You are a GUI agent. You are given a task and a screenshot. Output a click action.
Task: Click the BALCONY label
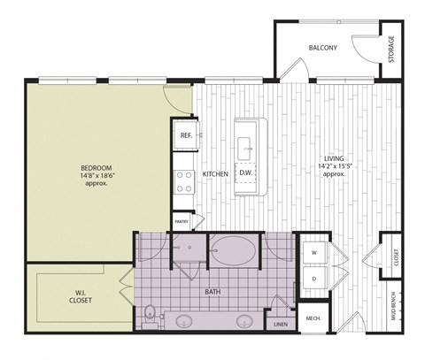[x=322, y=48]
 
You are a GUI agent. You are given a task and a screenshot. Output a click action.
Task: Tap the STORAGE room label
[x=391, y=50]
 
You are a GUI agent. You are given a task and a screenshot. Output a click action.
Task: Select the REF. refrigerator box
[x=186, y=135]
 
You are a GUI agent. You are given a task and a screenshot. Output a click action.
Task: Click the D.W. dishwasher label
[x=245, y=172]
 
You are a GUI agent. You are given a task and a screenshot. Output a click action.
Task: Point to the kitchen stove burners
[x=184, y=182]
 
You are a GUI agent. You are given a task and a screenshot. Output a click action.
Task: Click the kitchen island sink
[x=244, y=149]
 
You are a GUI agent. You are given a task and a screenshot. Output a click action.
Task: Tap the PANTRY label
[x=182, y=221]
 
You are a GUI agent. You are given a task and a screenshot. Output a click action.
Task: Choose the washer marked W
[x=314, y=253]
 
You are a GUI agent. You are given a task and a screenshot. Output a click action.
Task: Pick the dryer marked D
[x=314, y=279]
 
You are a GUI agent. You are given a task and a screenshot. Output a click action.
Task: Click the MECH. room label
[x=313, y=318]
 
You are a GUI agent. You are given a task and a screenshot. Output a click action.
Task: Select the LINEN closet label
[x=281, y=325]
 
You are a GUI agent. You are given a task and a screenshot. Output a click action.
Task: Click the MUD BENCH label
[x=393, y=306]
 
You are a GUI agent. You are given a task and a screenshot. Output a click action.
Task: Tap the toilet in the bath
[x=150, y=317]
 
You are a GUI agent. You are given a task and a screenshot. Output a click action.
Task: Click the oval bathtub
[x=234, y=250]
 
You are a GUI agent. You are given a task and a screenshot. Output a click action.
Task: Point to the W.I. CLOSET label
[x=81, y=296]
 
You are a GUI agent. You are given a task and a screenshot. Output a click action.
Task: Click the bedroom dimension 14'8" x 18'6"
[x=97, y=176]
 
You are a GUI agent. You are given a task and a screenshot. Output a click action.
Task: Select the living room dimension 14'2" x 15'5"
[x=336, y=166]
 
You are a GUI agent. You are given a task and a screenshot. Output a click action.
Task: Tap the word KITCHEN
[x=215, y=174]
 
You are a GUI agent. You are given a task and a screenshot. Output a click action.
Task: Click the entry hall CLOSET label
[x=396, y=257]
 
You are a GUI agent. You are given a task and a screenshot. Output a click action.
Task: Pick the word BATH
[x=212, y=292]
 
